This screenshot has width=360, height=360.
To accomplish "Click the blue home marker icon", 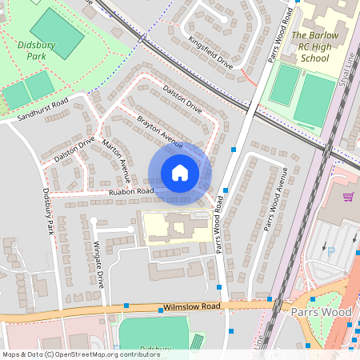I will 179,173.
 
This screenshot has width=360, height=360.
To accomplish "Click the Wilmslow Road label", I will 190,306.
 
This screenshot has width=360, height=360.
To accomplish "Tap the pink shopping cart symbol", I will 348,197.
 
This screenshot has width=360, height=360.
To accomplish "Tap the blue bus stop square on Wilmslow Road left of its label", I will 126,305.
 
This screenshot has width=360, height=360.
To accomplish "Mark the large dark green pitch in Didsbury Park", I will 55,33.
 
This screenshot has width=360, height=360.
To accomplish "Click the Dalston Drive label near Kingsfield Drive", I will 182,98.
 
